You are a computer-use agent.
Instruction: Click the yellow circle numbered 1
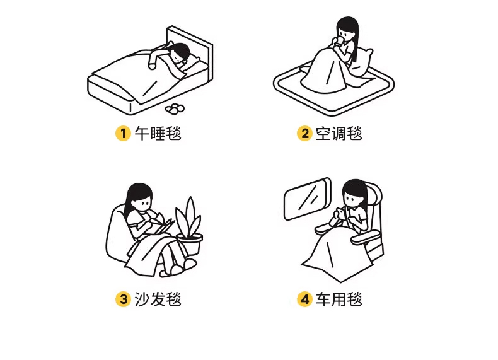pyautogui.click(x=123, y=133)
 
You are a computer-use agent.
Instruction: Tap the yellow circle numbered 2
pyautogui.click(x=304, y=133)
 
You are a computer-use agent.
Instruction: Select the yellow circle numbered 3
pyautogui.click(x=123, y=299)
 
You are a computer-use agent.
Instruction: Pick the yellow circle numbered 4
pyautogui.click(x=304, y=299)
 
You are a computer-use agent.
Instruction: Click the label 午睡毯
pyautogui.click(x=158, y=134)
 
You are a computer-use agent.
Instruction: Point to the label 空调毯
pyautogui.click(x=339, y=134)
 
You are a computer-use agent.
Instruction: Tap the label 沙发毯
pyautogui.click(x=158, y=299)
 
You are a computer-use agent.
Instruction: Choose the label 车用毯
pyautogui.click(x=339, y=299)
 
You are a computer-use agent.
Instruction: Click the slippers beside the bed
pyautogui.click(x=175, y=108)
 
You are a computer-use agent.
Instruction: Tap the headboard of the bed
pyautogui.click(x=190, y=48)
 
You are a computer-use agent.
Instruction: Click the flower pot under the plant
pyautogui.click(x=190, y=244)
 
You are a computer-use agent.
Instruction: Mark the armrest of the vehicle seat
pyautogui.click(x=365, y=237)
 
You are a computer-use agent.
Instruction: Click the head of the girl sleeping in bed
pyautogui.click(x=180, y=52)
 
